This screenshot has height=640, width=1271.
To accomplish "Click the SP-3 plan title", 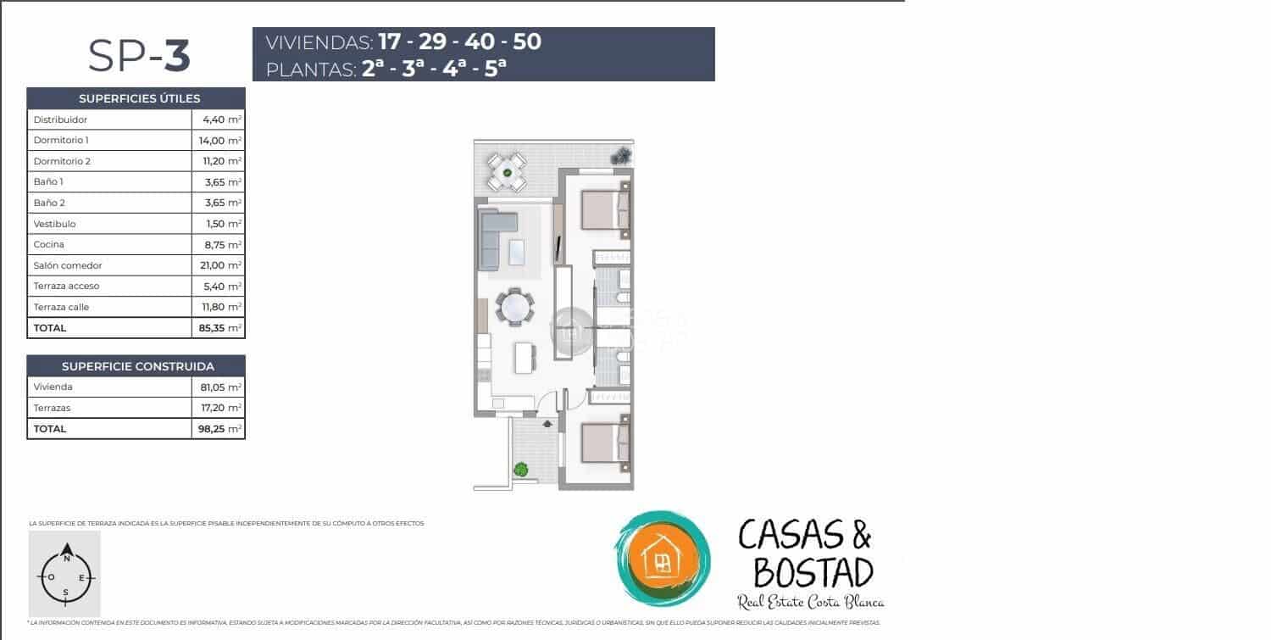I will pos(139,56).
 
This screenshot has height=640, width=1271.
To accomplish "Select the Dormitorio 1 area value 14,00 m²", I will pos(219,141).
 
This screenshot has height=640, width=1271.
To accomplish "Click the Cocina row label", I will pos(49,245).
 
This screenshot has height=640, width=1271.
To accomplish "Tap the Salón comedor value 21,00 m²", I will pos(219,265).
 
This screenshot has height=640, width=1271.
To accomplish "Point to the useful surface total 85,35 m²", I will pos(219,328).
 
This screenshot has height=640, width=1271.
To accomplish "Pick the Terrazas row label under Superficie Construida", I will pos(52,408).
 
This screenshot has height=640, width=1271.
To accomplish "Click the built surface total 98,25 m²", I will pos(219,429).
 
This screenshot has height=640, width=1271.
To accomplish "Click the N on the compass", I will pos(66,547).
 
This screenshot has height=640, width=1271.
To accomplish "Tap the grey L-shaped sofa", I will pos(496,237).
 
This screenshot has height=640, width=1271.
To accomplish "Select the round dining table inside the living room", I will pos(514,307).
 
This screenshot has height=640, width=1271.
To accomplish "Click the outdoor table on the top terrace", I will pos(508,172).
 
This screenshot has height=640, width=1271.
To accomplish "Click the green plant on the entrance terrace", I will pos(520,469).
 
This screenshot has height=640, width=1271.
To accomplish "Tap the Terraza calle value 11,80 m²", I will pos(219,307).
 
